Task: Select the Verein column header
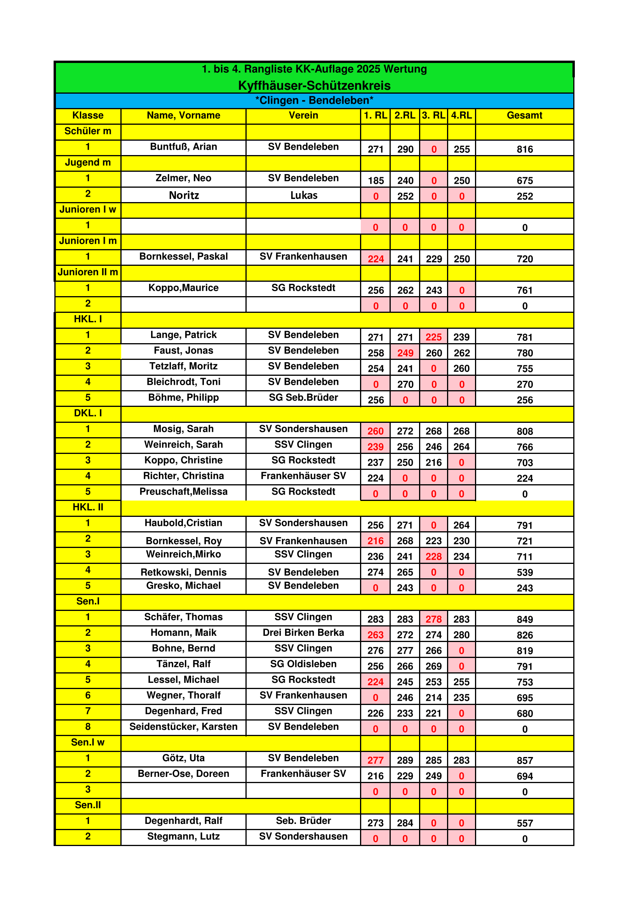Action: (x=303, y=115)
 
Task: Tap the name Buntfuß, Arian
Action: (x=184, y=147)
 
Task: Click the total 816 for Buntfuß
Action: (x=525, y=149)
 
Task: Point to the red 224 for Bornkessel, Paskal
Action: (x=376, y=259)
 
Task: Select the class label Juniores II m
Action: (x=88, y=272)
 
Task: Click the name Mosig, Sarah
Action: (x=184, y=429)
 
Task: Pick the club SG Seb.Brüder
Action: (x=303, y=398)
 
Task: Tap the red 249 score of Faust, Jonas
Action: (x=405, y=353)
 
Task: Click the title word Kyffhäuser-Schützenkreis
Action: (x=315, y=85)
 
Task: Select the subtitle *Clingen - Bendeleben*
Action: (x=315, y=101)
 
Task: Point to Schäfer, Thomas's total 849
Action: (x=525, y=619)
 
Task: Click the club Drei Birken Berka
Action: (x=303, y=633)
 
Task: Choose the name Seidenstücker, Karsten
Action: (x=184, y=726)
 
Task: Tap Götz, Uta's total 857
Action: (x=525, y=760)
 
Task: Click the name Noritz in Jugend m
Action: (x=184, y=195)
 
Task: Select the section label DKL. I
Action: (x=88, y=413)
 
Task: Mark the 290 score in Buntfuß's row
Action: (x=405, y=149)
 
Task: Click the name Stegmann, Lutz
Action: (x=184, y=836)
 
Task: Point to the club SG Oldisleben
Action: (x=303, y=664)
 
